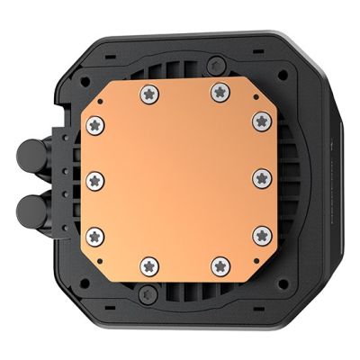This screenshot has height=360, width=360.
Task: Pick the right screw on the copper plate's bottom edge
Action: pos(218,265)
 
